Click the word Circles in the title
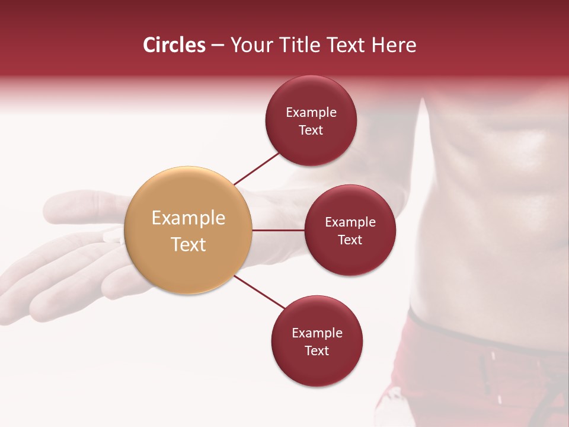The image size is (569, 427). click(x=174, y=45)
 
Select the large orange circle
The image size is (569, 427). click(x=188, y=230)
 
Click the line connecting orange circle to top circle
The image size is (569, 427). click(x=257, y=167)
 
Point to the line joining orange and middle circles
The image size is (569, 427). click(x=278, y=230)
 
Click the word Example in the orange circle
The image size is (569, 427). click(x=188, y=218)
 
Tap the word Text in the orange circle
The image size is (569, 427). click(x=188, y=244)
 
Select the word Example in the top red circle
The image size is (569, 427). click(x=311, y=112)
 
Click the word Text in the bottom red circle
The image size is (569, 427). click(x=317, y=350)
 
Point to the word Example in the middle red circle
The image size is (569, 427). click(x=350, y=222)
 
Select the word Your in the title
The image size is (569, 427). click(x=248, y=45)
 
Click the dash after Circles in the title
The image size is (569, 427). click(x=218, y=45)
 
